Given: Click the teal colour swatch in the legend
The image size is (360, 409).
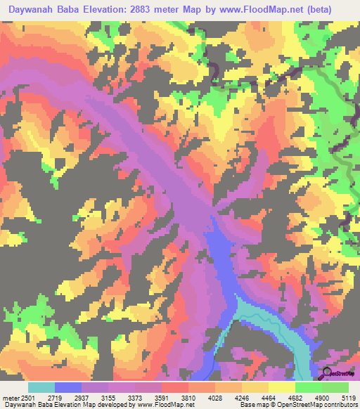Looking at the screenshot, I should click(x=41, y=387).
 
